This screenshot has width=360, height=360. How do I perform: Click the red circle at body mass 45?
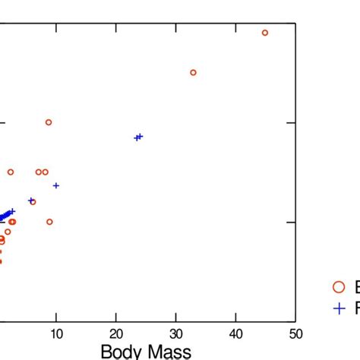tap(265, 33)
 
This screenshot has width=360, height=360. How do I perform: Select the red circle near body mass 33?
tap(193, 73)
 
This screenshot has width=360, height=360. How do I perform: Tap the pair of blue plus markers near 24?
tap(138, 137)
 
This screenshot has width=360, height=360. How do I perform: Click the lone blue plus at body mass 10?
tap(55, 185)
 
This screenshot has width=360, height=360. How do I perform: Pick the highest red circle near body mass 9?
tap(49, 122)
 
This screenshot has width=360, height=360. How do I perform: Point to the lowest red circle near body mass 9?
tap(49, 222)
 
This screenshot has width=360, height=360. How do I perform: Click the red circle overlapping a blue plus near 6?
tap(32, 201)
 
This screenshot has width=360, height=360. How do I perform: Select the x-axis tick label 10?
tap(55, 334)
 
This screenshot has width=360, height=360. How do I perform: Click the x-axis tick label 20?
tap(115, 334)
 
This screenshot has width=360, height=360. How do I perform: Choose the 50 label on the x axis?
tap(295, 334)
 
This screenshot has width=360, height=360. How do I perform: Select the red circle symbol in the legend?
tap(339, 286)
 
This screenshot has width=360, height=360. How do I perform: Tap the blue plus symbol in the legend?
tap(339, 308)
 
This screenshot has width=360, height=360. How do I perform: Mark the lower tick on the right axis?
tap(292, 222)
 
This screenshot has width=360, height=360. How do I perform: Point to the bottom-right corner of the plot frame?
tap(295, 322)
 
